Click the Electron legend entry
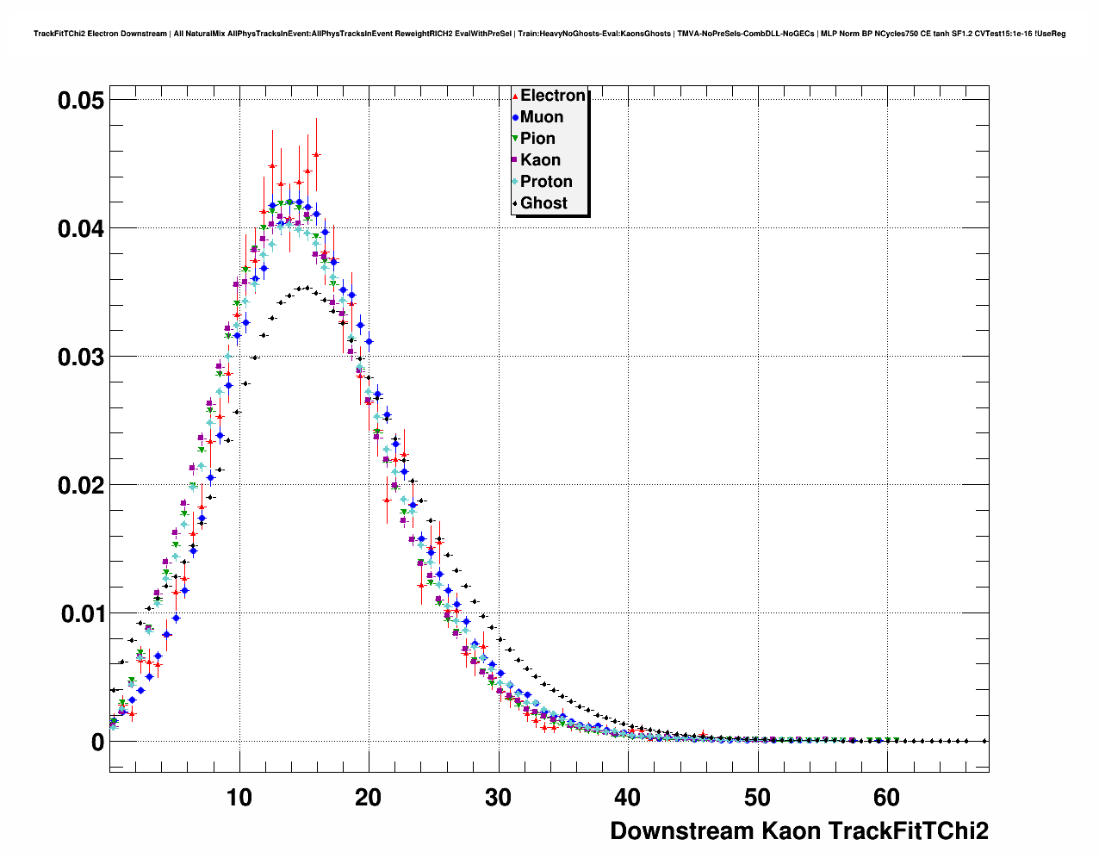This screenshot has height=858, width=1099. pos(552,96)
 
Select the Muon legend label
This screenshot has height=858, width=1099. pos(541,117)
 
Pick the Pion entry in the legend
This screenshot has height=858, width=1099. pos(537,139)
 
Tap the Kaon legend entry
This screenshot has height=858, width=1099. pos(540,160)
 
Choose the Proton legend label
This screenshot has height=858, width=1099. pos(546,182)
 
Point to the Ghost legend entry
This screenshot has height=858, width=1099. pos(543,203)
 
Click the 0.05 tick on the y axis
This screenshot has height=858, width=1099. pos(81,101)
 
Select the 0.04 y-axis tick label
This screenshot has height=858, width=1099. pos(81,229)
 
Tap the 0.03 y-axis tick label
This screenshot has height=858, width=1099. pos(81,357)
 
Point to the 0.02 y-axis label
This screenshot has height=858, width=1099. pos(81,486)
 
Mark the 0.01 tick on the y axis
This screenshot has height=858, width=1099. pos(83,614)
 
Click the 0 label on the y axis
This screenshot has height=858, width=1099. pos(97,743)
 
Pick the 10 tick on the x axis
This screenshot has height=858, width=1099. pos(239,798)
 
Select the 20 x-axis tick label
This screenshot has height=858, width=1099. pos(369,798)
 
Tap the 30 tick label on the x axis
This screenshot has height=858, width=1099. pos(498,798)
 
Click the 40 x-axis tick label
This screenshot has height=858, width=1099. pos(628,798)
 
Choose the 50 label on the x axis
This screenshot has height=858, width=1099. pos(757,798)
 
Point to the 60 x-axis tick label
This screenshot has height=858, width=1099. pos(886,798)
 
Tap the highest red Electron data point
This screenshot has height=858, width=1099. pos(316,155)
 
